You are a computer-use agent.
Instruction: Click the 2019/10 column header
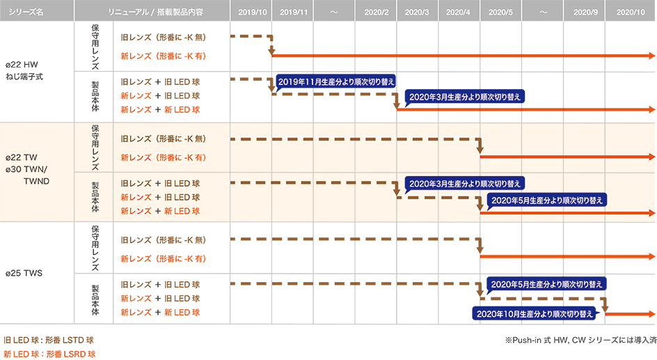(x=251, y=12)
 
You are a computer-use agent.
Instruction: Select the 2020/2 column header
(x=376, y=12)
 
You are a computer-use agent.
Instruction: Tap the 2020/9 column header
(x=585, y=12)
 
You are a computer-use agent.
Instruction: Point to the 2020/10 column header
(x=631, y=12)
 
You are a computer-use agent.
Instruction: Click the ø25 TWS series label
(x=24, y=273)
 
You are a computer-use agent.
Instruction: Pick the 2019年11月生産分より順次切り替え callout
(x=336, y=81)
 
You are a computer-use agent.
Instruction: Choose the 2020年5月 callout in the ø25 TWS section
(x=547, y=284)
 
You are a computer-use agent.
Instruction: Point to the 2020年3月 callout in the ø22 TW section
(x=464, y=184)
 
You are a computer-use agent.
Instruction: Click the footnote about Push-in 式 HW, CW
(x=580, y=341)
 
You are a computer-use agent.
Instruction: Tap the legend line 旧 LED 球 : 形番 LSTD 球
(x=49, y=341)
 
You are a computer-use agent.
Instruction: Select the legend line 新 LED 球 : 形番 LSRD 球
(x=49, y=354)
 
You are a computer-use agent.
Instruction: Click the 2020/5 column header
(x=500, y=12)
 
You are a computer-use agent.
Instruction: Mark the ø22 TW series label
(x=23, y=157)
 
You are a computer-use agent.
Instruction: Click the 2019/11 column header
(x=293, y=12)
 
